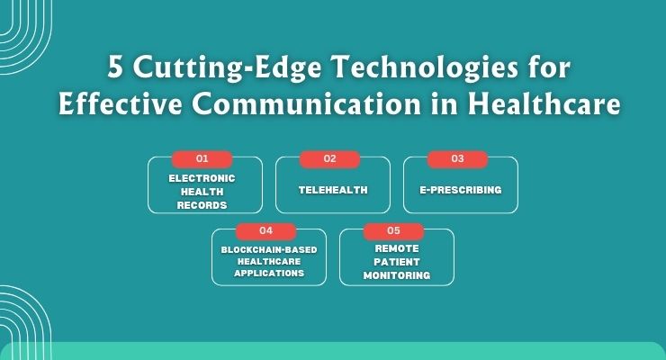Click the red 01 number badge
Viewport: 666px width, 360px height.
202,159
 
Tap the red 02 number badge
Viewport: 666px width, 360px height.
329,159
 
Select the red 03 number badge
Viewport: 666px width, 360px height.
457,159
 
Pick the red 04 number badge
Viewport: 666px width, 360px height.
265,230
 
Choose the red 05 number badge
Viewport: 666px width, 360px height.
393,230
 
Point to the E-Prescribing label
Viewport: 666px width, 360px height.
460,191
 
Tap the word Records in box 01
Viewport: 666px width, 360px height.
202,205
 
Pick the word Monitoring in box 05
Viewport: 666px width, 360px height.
397,274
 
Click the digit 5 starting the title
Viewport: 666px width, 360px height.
114,67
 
